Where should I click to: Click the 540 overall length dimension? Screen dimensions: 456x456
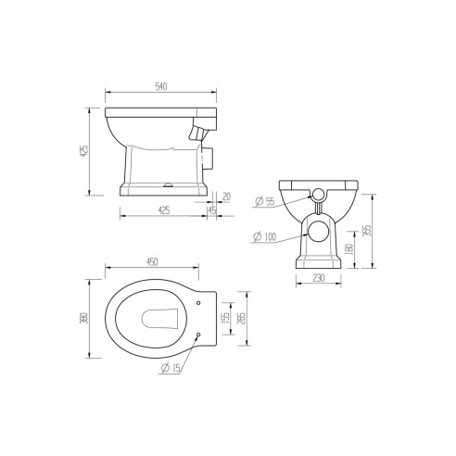[x=161, y=87]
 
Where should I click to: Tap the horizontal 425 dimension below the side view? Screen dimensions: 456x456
[x=163, y=209]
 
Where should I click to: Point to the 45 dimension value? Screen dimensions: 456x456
[x=212, y=209]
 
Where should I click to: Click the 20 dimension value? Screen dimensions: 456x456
[x=226, y=196]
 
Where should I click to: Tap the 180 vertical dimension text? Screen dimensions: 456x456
[x=348, y=248]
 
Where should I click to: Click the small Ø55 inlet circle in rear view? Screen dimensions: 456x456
[x=316, y=195]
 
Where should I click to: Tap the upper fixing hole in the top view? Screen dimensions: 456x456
[x=200, y=302]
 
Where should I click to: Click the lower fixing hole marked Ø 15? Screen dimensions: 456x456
[x=200, y=336]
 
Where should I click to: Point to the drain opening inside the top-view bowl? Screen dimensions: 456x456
[x=159, y=319]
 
